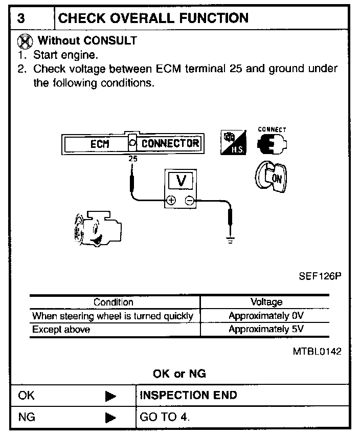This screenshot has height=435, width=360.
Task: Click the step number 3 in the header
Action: click(21, 18)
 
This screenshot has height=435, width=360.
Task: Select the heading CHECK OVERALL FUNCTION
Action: click(153, 18)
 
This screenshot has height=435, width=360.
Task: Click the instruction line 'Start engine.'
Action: click(65, 54)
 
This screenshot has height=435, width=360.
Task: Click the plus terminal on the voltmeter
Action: click(171, 201)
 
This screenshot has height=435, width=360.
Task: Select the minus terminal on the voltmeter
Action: click(189, 201)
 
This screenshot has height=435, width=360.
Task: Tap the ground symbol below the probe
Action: click(231, 239)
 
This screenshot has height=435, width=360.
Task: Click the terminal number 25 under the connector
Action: click(133, 159)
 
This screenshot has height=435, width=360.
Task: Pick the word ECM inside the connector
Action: click(100, 144)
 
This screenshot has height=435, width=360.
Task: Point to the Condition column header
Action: click(113, 302)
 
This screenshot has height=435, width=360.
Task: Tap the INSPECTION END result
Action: click(189, 395)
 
